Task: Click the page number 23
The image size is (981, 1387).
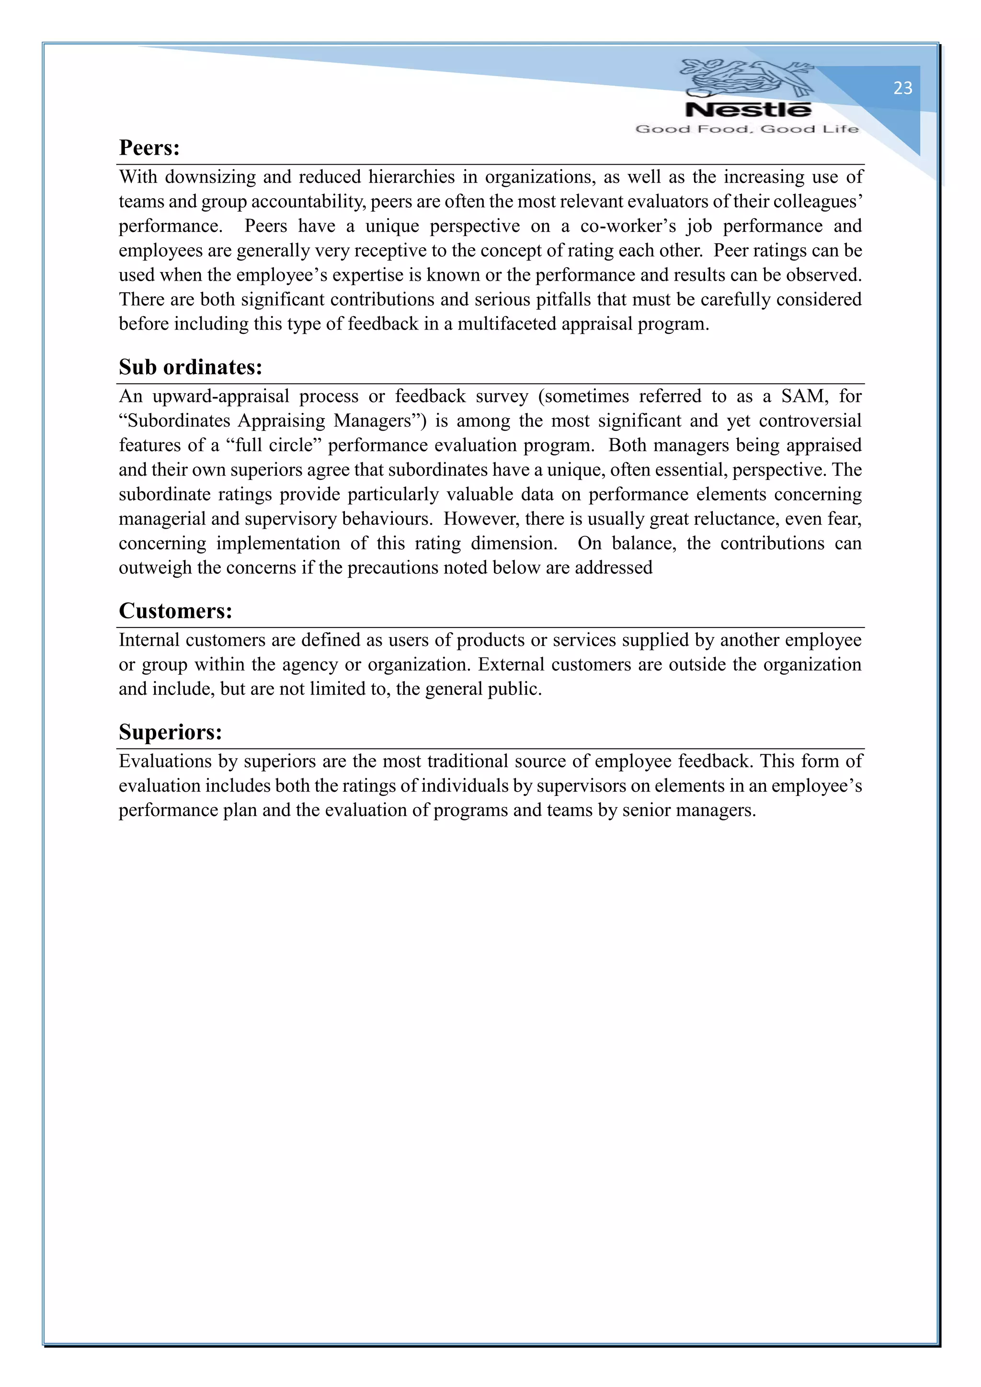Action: (x=902, y=88)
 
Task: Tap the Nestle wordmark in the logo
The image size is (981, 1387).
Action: (x=748, y=110)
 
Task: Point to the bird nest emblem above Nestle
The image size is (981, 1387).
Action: (x=747, y=77)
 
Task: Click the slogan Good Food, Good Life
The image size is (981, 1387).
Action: (x=747, y=129)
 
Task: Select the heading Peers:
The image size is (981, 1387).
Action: (x=149, y=148)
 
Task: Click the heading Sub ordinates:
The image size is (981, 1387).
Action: (x=190, y=367)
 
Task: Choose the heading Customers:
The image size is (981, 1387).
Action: (x=175, y=611)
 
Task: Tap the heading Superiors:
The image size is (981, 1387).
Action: (x=171, y=732)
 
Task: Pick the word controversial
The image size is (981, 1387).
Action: (x=810, y=421)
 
